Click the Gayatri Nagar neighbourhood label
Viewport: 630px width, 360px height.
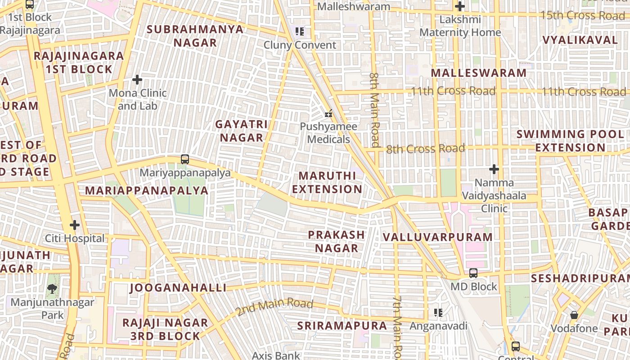point(241,131)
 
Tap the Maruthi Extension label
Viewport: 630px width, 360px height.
point(327,182)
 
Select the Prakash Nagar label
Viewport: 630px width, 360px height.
point(337,241)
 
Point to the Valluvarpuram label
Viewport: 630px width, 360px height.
point(438,237)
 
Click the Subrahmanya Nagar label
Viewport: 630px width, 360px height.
point(195,36)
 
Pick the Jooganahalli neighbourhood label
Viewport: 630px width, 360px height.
point(178,288)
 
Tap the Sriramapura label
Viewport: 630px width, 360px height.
point(342,326)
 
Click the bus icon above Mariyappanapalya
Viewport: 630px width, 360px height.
point(184,159)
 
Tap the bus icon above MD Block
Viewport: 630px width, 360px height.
point(473,273)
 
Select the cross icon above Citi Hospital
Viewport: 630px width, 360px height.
point(75,225)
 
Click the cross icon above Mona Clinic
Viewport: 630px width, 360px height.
point(137,80)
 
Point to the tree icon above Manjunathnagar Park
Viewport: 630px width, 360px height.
point(52,288)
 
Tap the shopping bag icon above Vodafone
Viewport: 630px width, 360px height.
point(574,315)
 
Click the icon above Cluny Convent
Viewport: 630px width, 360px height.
point(300,31)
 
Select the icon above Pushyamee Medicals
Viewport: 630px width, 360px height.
point(328,113)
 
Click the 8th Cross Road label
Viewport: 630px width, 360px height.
point(425,148)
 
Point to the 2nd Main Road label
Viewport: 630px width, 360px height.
point(274,307)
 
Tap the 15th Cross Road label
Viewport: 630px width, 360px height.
point(582,15)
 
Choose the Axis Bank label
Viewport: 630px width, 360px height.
point(275,355)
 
